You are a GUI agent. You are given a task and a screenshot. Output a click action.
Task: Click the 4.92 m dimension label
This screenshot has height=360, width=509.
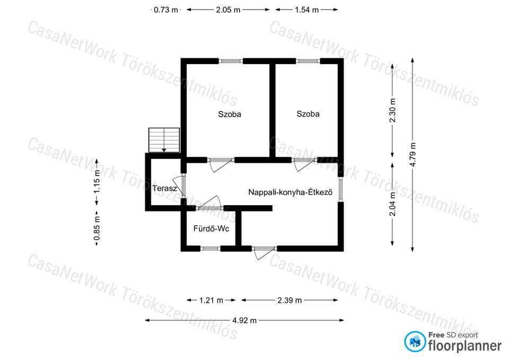(244, 321)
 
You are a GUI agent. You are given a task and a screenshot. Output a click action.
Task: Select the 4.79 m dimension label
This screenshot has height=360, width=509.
(413, 155)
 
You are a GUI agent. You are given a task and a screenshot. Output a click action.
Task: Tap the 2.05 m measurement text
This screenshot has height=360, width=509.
(228, 10)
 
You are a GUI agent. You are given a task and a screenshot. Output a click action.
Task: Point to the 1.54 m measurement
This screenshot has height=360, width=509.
(307, 10)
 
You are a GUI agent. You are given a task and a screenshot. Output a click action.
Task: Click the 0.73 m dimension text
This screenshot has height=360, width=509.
(166, 10)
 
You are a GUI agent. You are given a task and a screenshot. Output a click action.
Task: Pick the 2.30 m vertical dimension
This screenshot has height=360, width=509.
(392, 110)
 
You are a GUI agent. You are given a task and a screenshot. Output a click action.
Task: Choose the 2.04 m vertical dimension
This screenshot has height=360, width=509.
(392, 204)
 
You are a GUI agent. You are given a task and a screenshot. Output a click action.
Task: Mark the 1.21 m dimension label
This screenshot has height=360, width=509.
(211, 300)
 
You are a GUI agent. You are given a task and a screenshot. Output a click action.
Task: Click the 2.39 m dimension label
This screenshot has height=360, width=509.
(289, 300)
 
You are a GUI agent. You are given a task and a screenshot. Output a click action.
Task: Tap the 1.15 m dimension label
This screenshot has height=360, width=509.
(96, 182)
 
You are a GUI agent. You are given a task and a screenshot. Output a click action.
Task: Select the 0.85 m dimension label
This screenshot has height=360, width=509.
(96, 229)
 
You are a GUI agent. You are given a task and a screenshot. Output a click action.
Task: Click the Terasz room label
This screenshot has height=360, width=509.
(164, 188)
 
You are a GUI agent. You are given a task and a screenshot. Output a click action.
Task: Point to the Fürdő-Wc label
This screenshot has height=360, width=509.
(212, 229)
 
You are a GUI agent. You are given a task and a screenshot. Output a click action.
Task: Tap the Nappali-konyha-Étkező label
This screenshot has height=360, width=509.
(290, 192)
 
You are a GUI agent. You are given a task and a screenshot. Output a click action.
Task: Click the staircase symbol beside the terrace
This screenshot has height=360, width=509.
(164, 140)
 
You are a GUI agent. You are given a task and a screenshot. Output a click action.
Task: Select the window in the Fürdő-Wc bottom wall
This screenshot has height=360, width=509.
(210, 249)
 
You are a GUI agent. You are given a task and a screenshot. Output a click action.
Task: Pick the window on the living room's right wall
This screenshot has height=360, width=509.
(340, 189)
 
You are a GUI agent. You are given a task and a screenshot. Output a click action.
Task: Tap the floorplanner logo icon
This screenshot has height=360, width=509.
(415, 341)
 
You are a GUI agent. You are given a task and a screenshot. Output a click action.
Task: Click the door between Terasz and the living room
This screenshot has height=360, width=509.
(180, 186)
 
